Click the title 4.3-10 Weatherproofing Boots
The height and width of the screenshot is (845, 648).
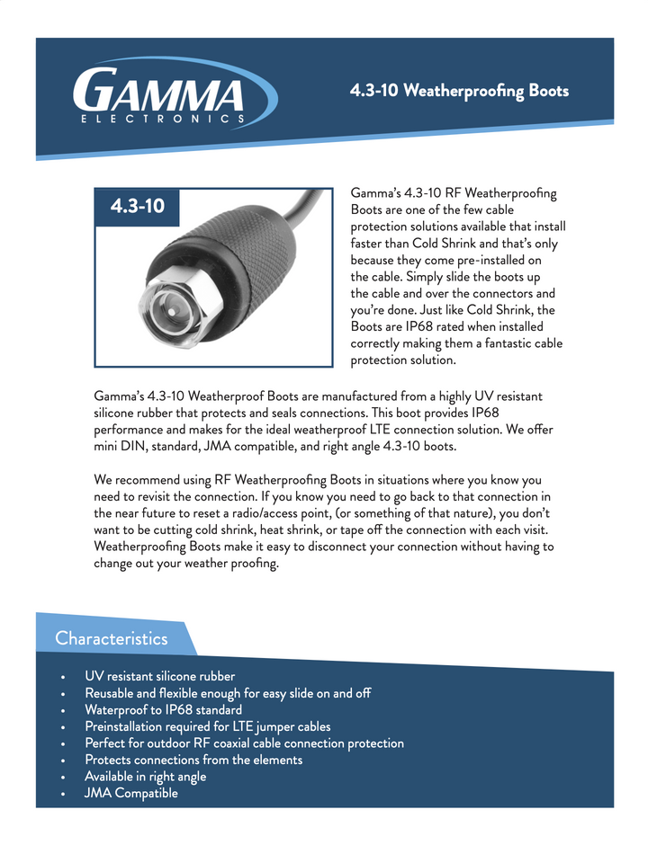[x=459, y=92]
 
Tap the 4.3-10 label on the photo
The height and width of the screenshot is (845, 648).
[x=137, y=206]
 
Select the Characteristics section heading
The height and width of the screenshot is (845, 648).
[x=111, y=638]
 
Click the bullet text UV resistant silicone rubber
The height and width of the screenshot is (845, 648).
[x=159, y=676]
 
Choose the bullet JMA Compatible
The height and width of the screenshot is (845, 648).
[x=130, y=793]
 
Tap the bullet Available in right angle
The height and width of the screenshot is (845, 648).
[x=145, y=777]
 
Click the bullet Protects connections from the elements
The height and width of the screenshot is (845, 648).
[x=193, y=760]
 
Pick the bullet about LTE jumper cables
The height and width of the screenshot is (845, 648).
[x=207, y=726]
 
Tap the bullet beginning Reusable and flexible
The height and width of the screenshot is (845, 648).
[x=228, y=693]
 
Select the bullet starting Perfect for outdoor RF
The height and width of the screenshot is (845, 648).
[x=244, y=743]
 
